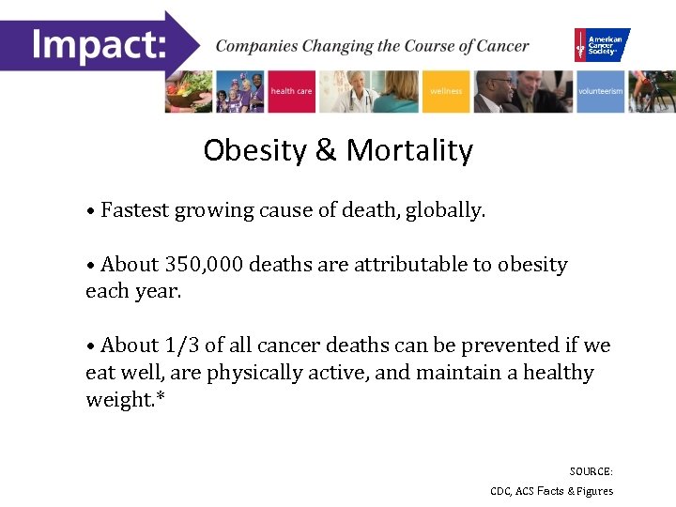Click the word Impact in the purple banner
click(x=99, y=43)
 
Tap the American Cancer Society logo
click(x=602, y=44)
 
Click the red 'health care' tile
click(x=291, y=91)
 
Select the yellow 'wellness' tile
click(x=446, y=91)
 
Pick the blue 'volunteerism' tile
click(x=600, y=91)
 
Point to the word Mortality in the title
click(x=409, y=150)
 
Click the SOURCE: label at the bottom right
click(x=591, y=471)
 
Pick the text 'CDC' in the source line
click(x=500, y=491)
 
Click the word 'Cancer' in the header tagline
click(x=504, y=45)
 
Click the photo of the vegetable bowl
click(x=190, y=91)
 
